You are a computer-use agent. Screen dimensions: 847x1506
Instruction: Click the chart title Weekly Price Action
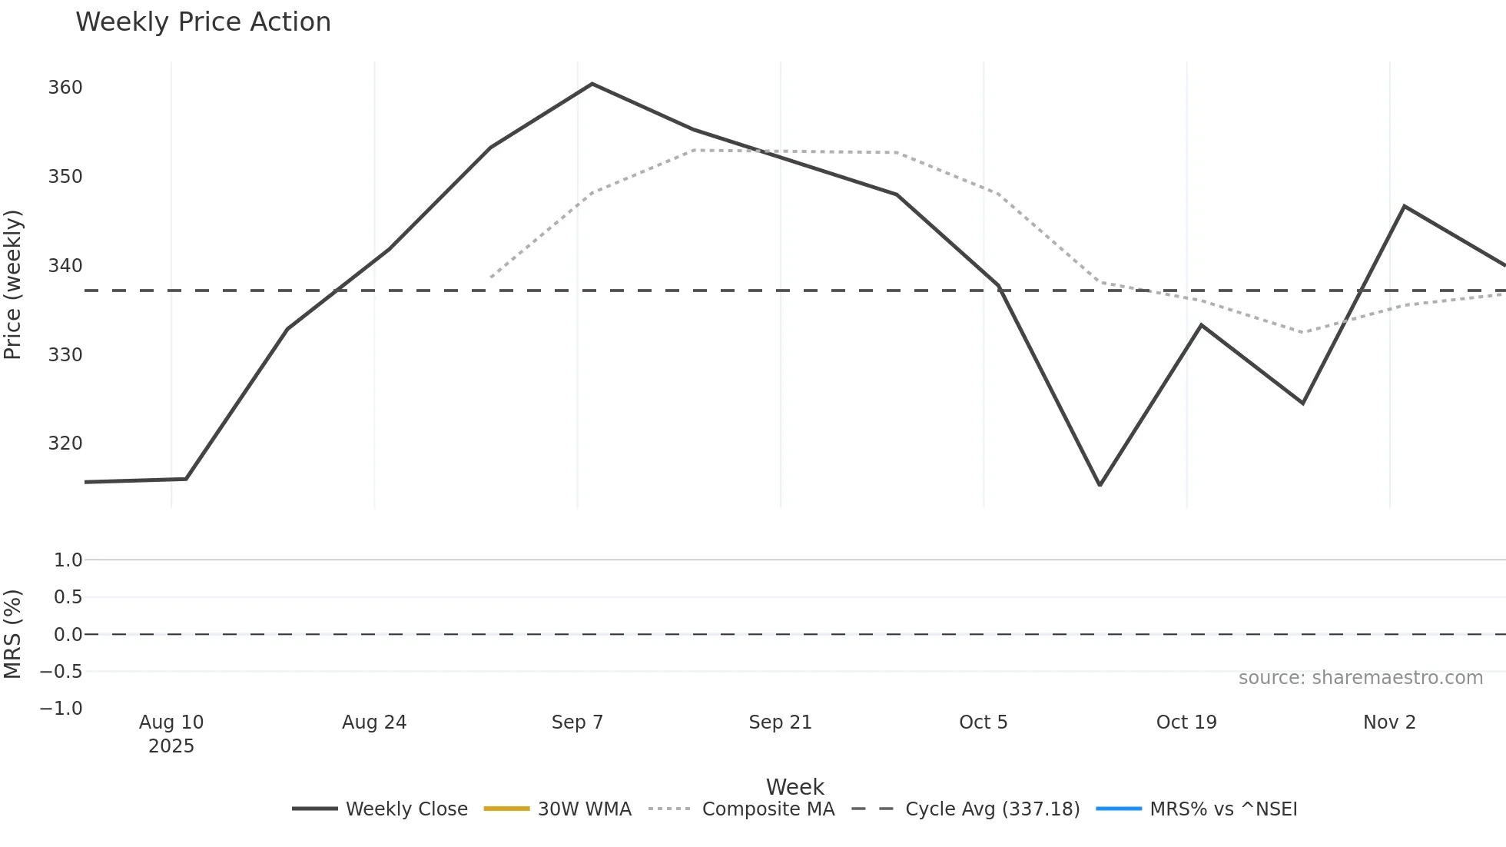coord(203,22)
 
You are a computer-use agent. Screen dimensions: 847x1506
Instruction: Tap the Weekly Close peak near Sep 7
coord(592,84)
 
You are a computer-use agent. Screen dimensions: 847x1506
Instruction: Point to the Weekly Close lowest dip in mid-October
coord(1100,485)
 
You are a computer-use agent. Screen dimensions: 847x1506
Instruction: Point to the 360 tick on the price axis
coord(65,88)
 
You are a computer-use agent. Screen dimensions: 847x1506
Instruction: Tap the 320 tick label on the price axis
coord(65,443)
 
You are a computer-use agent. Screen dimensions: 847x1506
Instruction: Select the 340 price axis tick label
coord(65,266)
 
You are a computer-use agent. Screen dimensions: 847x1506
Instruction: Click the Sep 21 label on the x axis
coord(780,722)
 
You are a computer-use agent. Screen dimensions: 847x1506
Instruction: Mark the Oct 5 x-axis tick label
coord(983,722)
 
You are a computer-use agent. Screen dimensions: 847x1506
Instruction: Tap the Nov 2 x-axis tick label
coord(1389,722)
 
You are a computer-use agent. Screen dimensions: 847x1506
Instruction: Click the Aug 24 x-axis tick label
coord(374,722)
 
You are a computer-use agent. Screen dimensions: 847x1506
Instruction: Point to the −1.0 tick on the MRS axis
coord(61,709)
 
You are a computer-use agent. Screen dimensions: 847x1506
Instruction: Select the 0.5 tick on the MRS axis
coord(68,597)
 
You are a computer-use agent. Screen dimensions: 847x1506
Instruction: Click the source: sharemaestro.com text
coord(1360,678)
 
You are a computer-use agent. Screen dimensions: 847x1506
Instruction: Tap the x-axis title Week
coord(794,787)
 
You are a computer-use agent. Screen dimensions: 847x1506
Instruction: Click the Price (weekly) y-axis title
coord(13,284)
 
